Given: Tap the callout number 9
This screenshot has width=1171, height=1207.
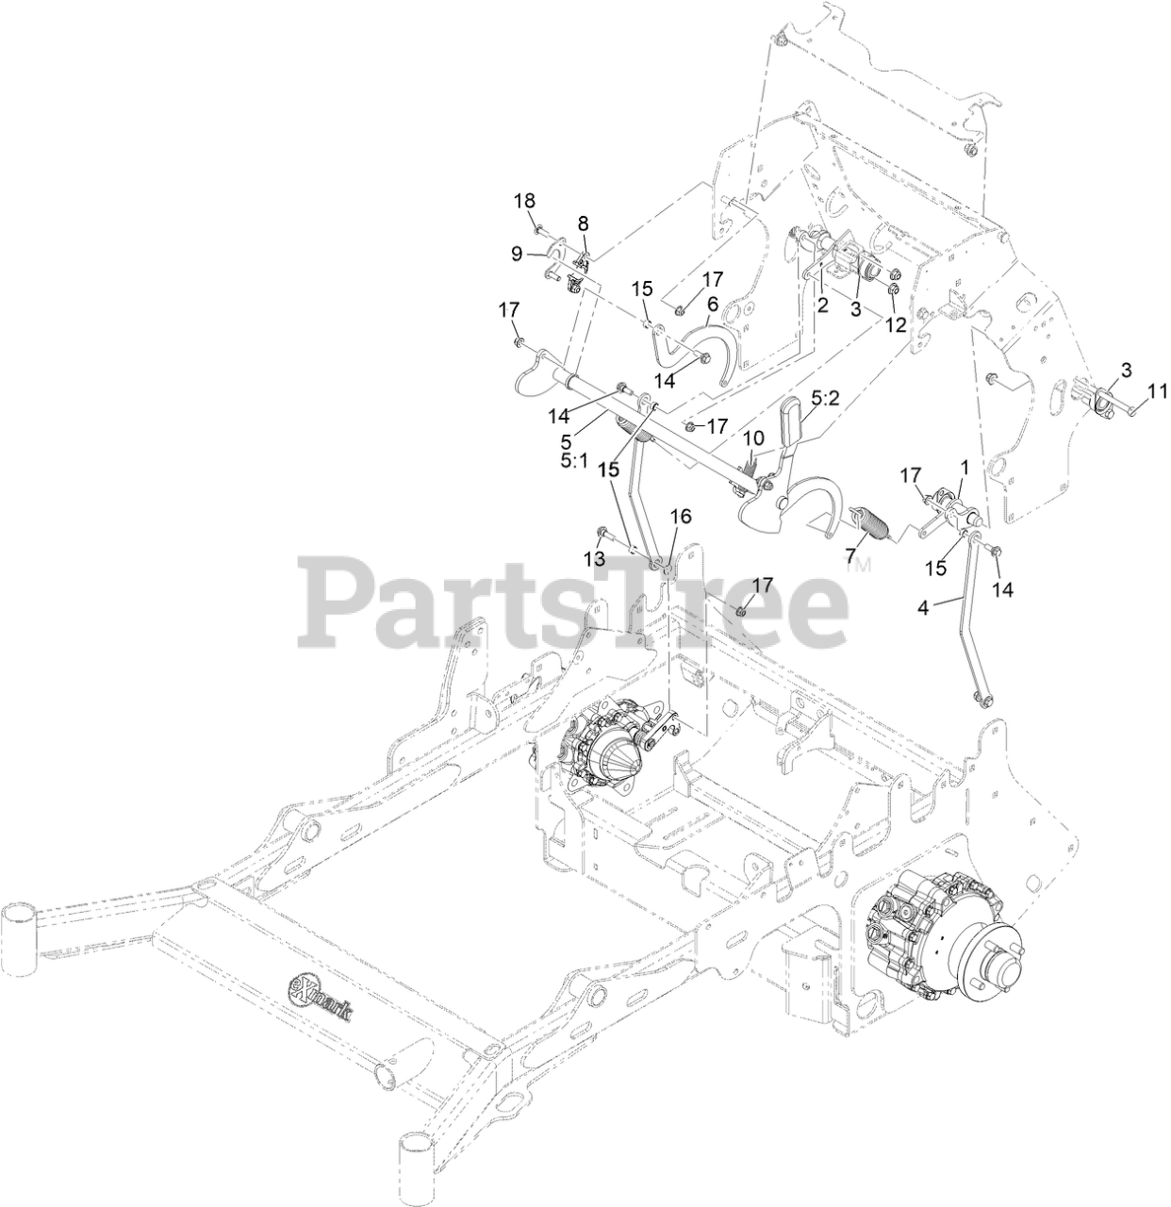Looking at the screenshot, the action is [x=517, y=253].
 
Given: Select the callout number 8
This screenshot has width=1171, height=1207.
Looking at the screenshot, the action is [x=583, y=223].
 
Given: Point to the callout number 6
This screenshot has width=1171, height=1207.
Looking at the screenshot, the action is [x=713, y=304].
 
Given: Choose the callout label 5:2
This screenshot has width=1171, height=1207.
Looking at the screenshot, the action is [x=825, y=425].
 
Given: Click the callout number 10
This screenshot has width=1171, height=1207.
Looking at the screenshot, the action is [x=752, y=438].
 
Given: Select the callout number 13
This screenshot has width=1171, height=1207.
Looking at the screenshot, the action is [x=593, y=558].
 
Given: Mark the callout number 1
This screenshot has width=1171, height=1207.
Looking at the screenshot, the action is [x=964, y=467].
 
